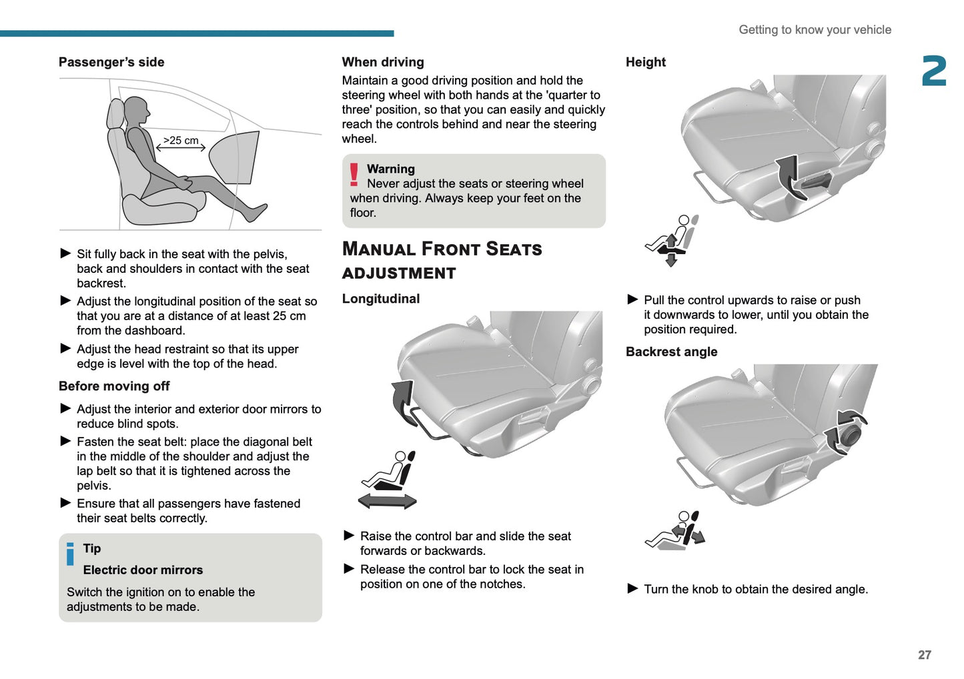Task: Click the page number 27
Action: [924, 654]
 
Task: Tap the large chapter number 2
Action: [934, 71]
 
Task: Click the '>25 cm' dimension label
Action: [181, 140]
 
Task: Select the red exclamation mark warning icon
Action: [354, 175]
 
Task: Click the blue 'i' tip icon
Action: [71, 554]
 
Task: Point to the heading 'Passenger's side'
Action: [111, 62]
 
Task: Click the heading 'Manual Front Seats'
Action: [442, 249]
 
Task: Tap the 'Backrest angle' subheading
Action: [671, 352]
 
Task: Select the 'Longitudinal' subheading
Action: [381, 299]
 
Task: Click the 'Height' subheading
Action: [645, 62]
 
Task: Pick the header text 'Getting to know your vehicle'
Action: [815, 29]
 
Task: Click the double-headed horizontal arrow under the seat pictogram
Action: [387, 502]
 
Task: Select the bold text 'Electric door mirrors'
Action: [143, 570]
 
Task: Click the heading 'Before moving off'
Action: [114, 386]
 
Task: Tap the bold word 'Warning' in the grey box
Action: [391, 169]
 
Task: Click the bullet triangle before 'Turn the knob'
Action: [632, 588]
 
